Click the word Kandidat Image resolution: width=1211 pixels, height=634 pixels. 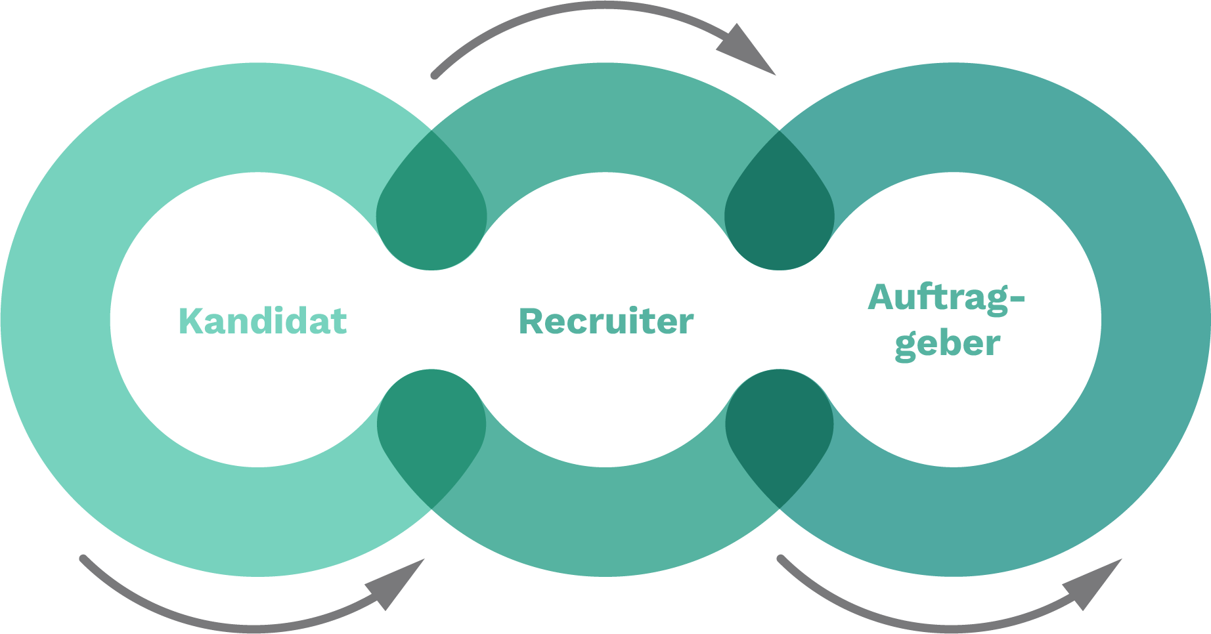(263, 320)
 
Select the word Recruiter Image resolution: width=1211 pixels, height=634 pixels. (605, 321)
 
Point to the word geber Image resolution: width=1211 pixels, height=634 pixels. (946, 343)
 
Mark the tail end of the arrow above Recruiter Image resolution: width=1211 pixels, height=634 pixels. (434, 75)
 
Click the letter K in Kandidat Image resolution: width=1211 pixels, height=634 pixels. (190, 320)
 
